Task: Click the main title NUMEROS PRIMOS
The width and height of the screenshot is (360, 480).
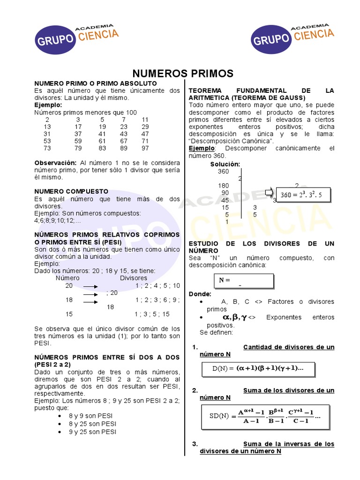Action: [x=183, y=74]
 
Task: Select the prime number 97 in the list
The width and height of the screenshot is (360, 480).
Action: [x=145, y=148]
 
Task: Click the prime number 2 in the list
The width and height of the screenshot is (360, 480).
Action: [x=47, y=120]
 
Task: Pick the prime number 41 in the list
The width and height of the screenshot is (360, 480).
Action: [x=102, y=134]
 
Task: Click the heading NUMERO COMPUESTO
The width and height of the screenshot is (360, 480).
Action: [x=71, y=191]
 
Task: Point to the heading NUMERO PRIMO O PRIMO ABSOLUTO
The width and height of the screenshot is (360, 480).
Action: [x=95, y=83]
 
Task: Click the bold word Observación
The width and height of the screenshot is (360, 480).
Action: [x=55, y=163]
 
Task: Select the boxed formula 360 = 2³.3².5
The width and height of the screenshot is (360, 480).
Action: [x=304, y=195]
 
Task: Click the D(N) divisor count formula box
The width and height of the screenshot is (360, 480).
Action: [x=257, y=368]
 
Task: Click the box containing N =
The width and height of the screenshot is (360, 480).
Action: [x=244, y=280]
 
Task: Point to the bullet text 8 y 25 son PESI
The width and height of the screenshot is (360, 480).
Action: [x=93, y=424]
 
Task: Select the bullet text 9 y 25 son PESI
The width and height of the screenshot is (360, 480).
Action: [x=93, y=432]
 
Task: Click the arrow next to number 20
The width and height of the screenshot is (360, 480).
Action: [x=90, y=286]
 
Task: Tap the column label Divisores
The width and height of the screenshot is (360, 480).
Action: [x=134, y=278]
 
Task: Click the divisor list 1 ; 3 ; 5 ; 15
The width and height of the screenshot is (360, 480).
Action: [x=152, y=315]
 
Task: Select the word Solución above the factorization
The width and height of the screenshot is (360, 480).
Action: [x=225, y=164]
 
